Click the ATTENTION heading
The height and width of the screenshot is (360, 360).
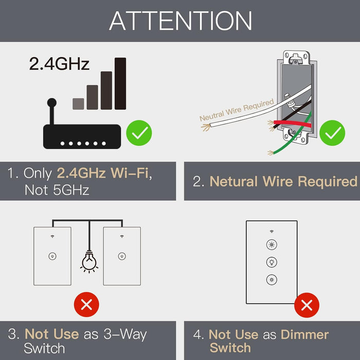[x=181, y=21]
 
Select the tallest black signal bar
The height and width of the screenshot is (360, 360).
[x=120, y=83]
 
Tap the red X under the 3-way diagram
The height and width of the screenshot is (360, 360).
[x=86, y=305]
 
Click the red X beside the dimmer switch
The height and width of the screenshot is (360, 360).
[x=307, y=306]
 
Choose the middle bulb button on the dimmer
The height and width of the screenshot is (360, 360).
[x=271, y=262]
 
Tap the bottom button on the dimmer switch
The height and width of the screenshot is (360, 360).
[x=271, y=279]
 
